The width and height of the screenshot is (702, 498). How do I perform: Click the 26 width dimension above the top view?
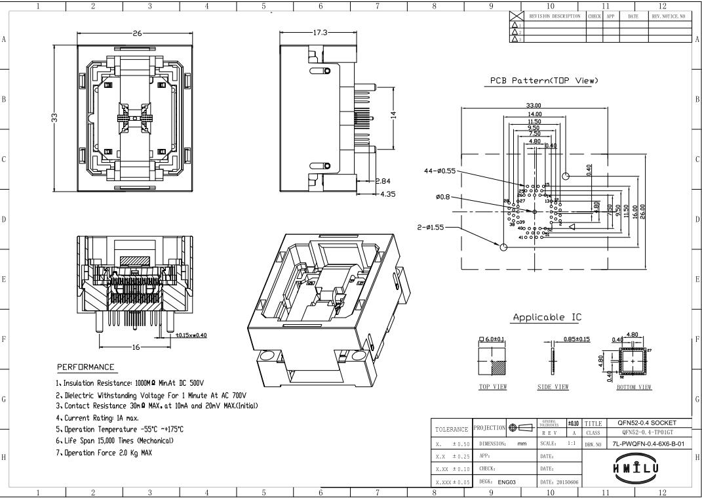click(x=137, y=33)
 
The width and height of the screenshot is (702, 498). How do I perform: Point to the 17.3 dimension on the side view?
click(x=322, y=33)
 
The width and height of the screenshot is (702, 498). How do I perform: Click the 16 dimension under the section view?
click(x=136, y=348)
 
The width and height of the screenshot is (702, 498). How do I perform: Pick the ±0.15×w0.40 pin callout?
click(x=186, y=335)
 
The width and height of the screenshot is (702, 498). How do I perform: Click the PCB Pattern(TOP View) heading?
click(x=544, y=81)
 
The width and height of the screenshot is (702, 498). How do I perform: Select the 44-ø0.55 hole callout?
click(x=440, y=171)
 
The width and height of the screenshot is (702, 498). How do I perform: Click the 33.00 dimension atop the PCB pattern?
click(x=534, y=106)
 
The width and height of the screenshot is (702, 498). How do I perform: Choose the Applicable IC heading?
click(x=547, y=318)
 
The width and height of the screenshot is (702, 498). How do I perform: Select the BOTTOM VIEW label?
click(x=634, y=387)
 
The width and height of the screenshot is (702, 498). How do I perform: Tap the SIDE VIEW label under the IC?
click(x=553, y=387)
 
